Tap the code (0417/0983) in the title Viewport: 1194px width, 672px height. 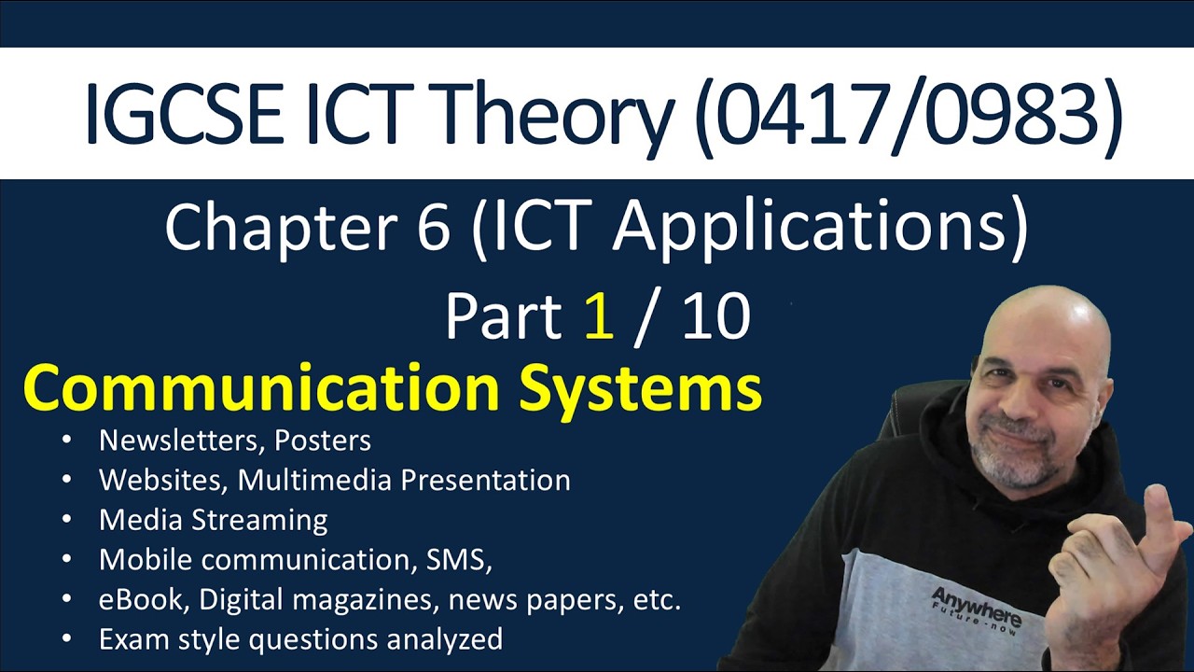click(x=909, y=114)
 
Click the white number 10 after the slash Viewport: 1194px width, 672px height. click(x=715, y=316)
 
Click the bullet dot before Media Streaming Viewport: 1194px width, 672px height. click(x=66, y=520)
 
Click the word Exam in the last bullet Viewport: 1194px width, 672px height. click(x=131, y=639)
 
